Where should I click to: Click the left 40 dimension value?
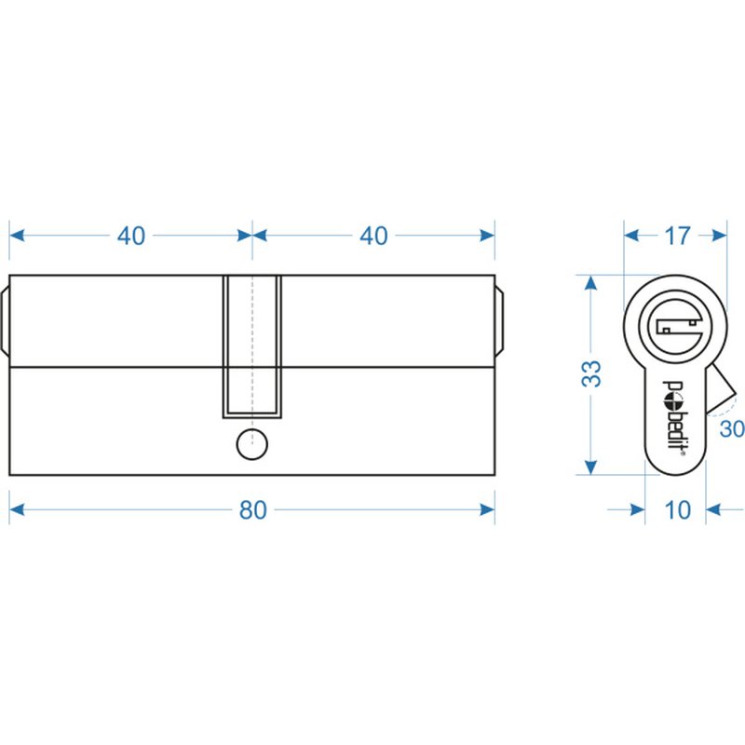point(131,236)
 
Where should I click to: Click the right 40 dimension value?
point(373,236)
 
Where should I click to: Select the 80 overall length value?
point(252,509)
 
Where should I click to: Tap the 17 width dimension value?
point(677,236)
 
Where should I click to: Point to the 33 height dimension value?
point(591,374)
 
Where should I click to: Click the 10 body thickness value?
point(678,510)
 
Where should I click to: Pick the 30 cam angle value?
point(732,429)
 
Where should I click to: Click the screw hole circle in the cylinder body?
point(252,444)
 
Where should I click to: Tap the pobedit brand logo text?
point(673,418)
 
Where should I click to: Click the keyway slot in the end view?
point(677,326)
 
